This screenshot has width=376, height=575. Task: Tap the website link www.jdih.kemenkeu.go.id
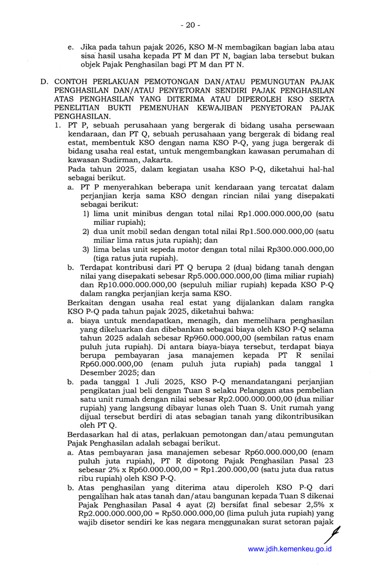pyautogui.click(x=289, y=549)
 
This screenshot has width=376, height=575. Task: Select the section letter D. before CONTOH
pyautogui.click(x=44, y=82)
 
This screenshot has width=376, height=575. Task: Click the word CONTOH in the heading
pyautogui.click(x=72, y=82)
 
